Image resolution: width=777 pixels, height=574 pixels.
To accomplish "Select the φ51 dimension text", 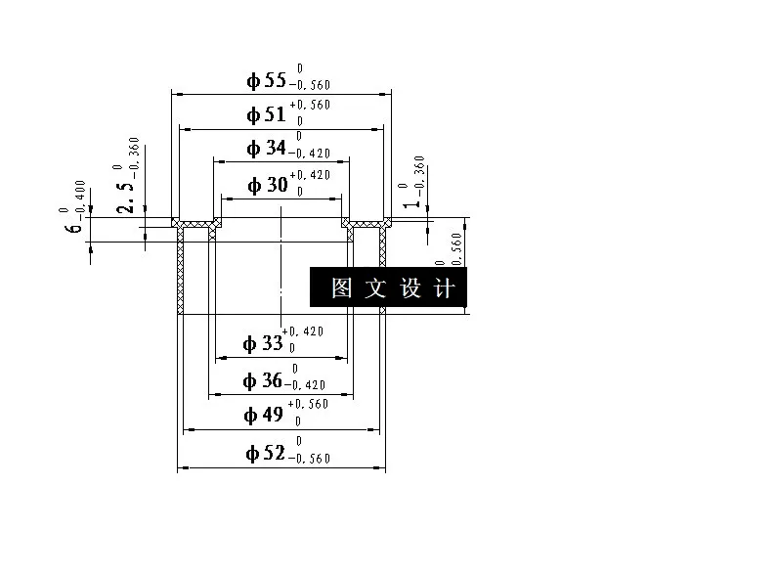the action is tap(267, 114).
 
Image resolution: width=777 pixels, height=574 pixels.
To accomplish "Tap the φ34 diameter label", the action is tap(267, 149).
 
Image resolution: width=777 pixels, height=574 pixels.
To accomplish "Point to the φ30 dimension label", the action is tap(268, 185).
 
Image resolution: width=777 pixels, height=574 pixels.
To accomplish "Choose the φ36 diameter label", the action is tap(264, 379).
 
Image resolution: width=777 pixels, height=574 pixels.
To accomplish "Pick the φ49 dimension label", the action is tap(264, 415).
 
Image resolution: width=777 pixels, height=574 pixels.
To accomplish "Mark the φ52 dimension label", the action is tap(265, 453).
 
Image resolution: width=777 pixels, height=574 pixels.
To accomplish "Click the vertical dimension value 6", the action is tap(73, 228).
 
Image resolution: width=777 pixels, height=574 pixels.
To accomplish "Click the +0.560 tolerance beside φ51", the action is tap(311, 105).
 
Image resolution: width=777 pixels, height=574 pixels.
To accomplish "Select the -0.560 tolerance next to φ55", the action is tap(311, 86).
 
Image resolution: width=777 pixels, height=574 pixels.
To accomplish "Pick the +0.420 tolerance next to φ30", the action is tap(311, 175).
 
